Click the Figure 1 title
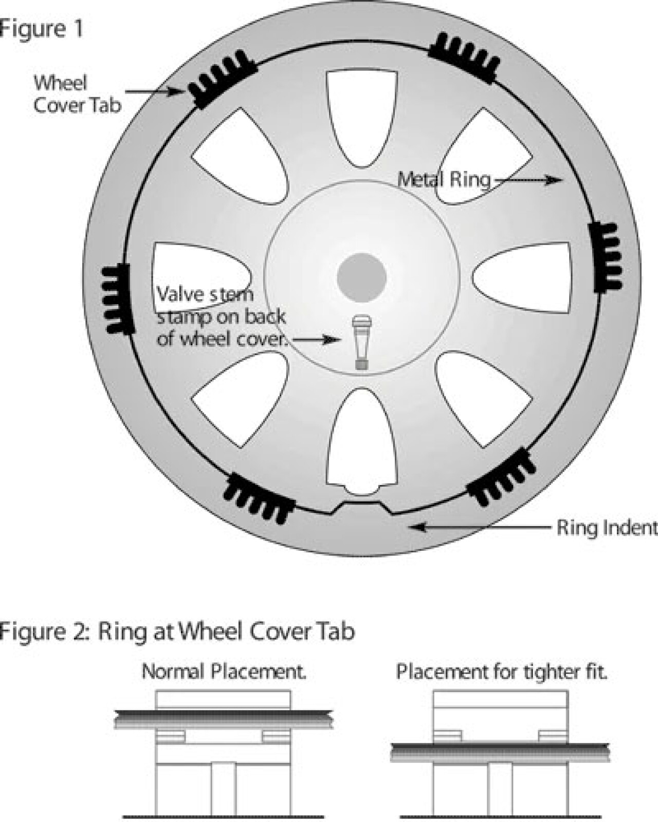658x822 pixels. pyautogui.click(x=41, y=29)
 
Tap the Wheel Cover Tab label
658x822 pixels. pyautogui.click(x=78, y=94)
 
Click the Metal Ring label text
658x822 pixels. pyautogui.click(x=444, y=179)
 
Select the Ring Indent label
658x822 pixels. pyautogui.click(x=607, y=528)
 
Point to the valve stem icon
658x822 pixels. pyautogui.click(x=362, y=342)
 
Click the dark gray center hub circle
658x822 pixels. pyautogui.click(x=362, y=277)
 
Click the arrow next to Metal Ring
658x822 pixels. pyautogui.click(x=527, y=179)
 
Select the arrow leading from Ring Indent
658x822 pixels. pyautogui.click(x=481, y=527)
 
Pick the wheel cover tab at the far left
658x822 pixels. pyautogui.click(x=118, y=299)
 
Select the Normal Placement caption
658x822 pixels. pyautogui.click(x=224, y=671)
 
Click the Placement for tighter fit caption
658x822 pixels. pyautogui.click(x=501, y=671)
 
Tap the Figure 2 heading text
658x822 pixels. pyautogui.click(x=177, y=631)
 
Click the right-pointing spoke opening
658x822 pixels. pyautogui.click(x=521, y=277)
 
